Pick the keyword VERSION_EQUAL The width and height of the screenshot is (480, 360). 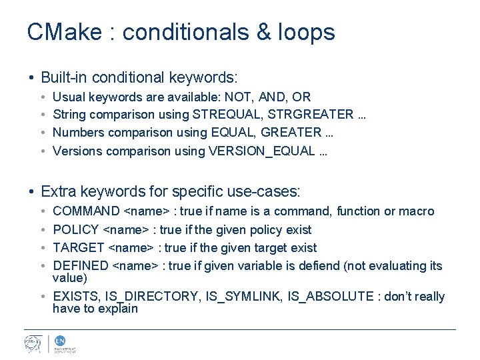pos(261,151)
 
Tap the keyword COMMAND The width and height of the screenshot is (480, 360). pos(86,211)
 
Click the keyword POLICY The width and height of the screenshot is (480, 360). pos(75,229)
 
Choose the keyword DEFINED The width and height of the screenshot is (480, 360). pos(81,265)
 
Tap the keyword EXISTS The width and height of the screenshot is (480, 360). pos(77,297)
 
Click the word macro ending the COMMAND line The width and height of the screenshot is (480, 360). pos(417,211)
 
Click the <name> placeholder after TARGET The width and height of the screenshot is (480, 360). pos(130,247)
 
